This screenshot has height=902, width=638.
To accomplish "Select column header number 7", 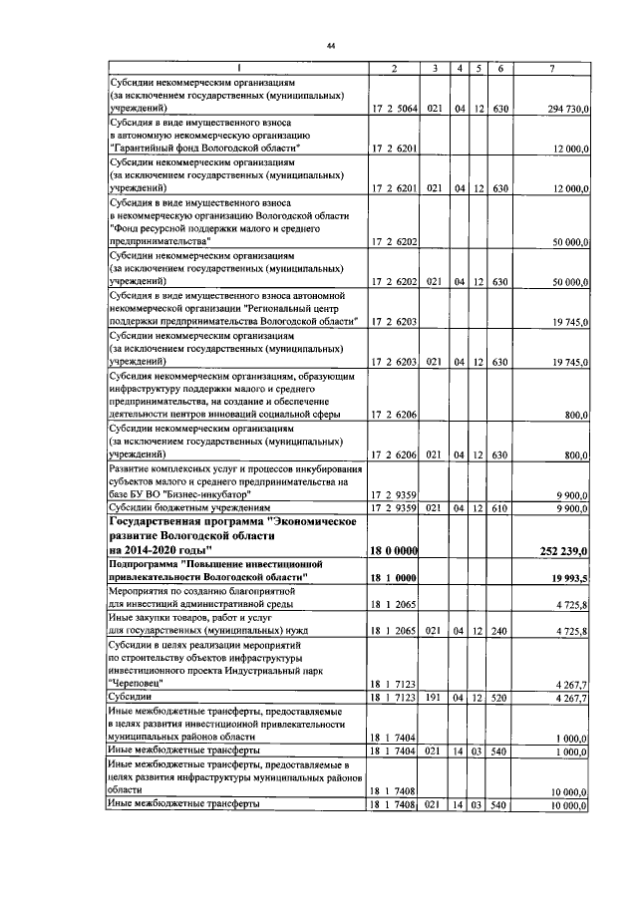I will tap(552, 68).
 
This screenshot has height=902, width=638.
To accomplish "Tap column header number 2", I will tap(395, 68).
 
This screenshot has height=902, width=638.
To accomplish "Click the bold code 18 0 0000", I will tap(394, 549).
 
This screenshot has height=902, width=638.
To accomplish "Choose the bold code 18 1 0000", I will tap(394, 577).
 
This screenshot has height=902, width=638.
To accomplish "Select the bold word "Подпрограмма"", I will tap(151, 563).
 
